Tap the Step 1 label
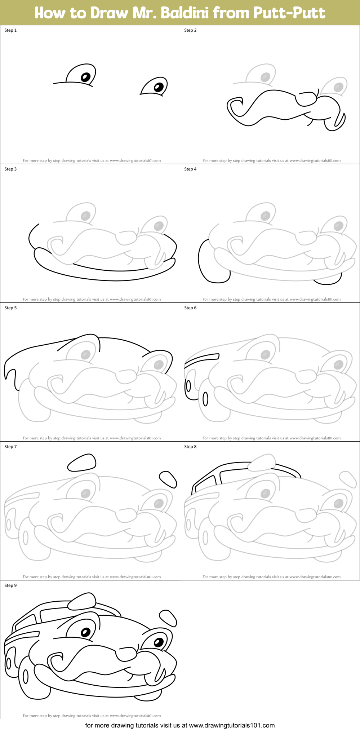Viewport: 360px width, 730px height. (x=10, y=30)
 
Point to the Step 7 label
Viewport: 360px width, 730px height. (x=10, y=447)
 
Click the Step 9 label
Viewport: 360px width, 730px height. (x=10, y=585)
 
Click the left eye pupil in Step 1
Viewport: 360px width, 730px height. (x=85, y=77)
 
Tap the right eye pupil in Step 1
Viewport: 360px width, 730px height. (x=159, y=87)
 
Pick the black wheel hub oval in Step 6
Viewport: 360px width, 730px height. (x=205, y=399)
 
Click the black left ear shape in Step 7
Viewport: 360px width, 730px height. (x=82, y=462)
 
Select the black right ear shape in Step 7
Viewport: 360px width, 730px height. (x=168, y=479)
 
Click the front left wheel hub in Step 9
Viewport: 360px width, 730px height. (x=26, y=676)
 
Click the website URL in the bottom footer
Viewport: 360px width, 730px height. (x=232, y=725)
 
